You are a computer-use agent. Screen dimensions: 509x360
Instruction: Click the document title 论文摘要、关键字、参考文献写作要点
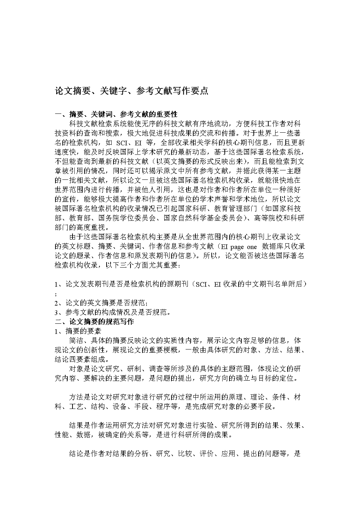[x=132, y=91]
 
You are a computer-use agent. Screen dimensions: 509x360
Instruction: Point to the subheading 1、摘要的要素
[x=78, y=331]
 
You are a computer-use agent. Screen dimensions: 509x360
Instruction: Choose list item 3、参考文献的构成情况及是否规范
[x=112, y=313]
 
